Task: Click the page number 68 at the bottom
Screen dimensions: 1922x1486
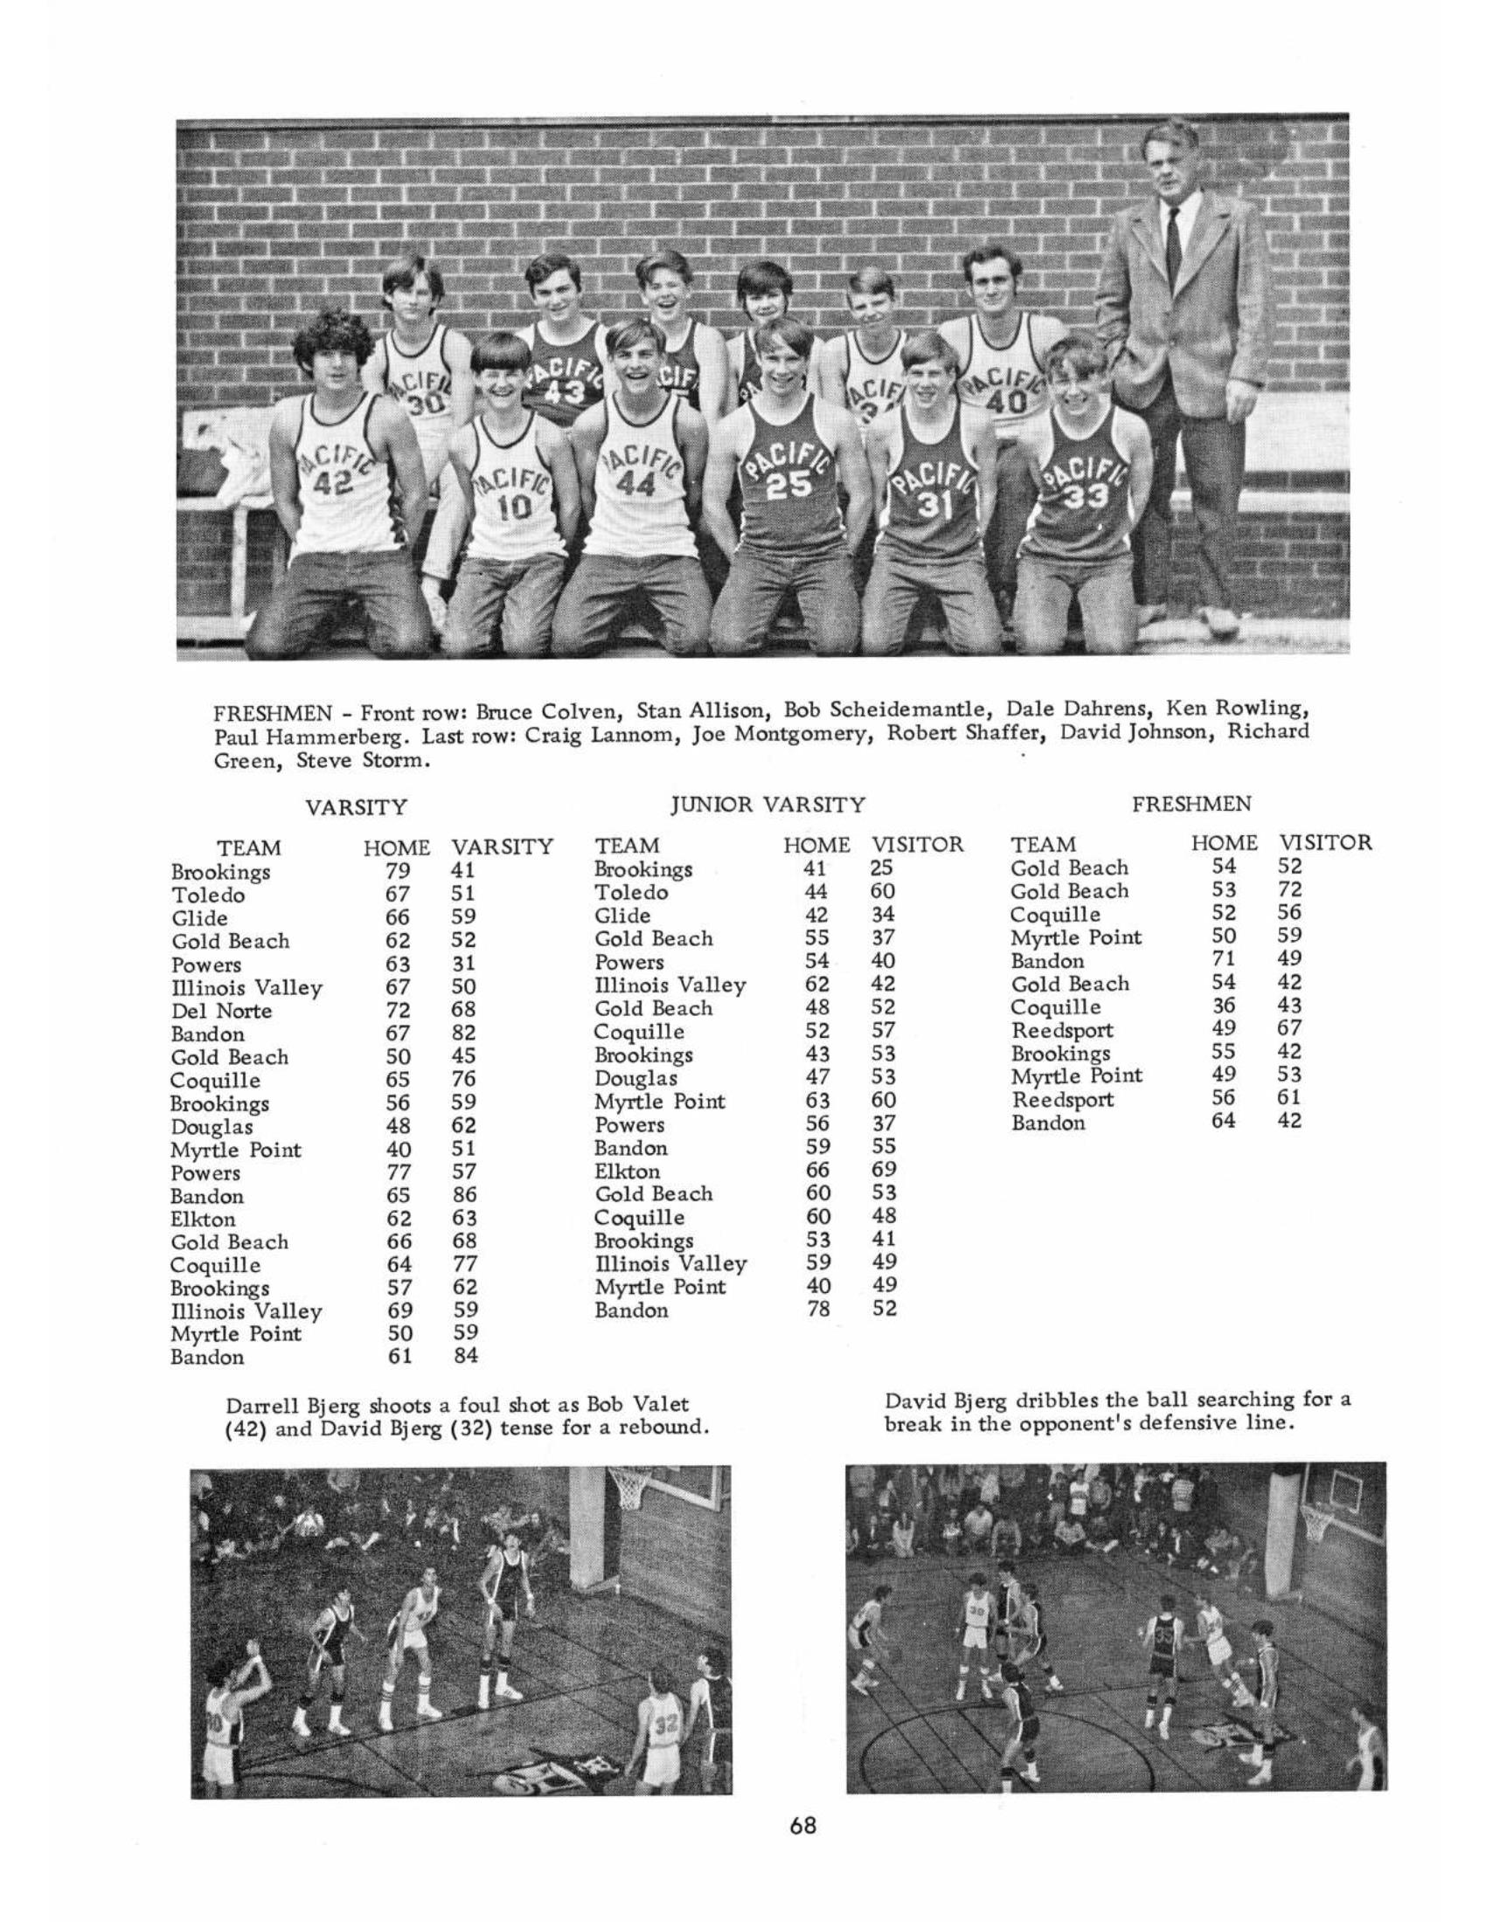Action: (802, 1826)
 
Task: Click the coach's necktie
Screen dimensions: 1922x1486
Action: (1173, 244)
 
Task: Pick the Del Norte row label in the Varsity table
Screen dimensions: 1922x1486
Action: (221, 1011)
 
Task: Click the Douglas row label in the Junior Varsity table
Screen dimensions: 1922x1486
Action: (635, 1078)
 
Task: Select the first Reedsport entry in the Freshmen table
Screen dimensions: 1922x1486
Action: (1062, 1031)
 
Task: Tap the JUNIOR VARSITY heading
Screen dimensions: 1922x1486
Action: (767, 805)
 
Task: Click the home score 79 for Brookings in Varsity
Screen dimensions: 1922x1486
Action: (398, 871)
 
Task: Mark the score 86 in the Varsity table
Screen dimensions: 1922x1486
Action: (465, 1195)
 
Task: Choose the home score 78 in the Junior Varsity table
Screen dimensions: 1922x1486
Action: (819, 1310)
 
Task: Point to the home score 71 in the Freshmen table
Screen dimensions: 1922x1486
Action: (1224, 959)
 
